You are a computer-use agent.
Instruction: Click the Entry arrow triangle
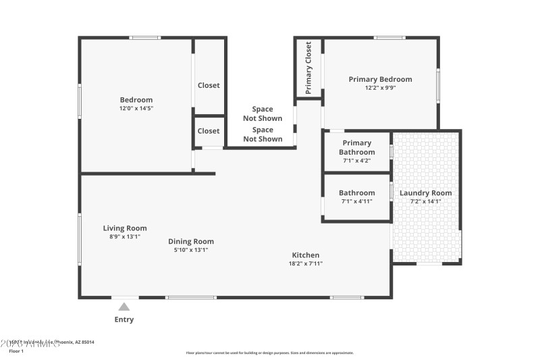click(x=124, y=307)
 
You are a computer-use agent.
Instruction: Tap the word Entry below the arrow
click(x=124, y=319)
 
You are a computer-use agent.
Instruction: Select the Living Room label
click(x=125, y=228)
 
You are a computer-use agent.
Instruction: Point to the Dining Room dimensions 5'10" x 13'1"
click(x=191, y=250)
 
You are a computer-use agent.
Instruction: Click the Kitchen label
click(x=306, y=255)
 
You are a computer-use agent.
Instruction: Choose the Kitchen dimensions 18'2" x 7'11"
click(x=306, y=263)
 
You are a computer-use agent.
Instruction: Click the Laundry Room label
click(x=426, y=192)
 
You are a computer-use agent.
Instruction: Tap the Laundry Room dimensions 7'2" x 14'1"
click(x=426, y=201)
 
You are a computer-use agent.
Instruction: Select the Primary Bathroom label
click(x=357, y=147)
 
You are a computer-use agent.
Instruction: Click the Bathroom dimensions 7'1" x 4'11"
click(x=357, y=201)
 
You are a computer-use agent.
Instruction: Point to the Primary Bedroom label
click(x=380, y=79)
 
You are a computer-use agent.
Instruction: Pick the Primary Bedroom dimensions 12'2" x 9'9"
click(x=380, y=88)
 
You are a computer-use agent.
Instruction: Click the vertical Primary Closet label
click(x=308, y=68)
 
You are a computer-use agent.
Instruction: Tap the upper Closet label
click(x=209, y=86)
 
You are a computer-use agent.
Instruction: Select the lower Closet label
click(x=209, y=131)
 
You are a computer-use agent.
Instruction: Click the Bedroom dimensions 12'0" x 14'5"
click(x=136, y=108)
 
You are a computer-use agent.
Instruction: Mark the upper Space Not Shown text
click(x=263, y=113)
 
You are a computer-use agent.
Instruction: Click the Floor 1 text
click(x=16, y=351)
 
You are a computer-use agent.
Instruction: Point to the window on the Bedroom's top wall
click(x=145, y=38)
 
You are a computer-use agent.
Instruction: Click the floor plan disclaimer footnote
click(x=270, y=353)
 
